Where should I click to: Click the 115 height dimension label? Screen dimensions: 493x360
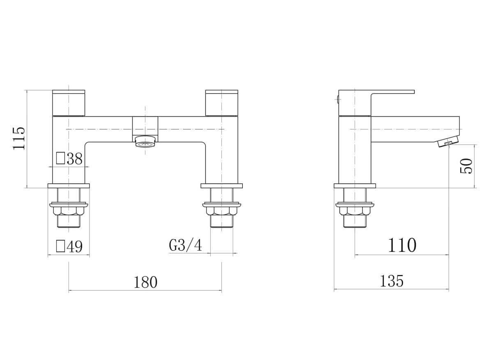coord(19,138)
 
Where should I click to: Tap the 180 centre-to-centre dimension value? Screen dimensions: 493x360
coord(145,282)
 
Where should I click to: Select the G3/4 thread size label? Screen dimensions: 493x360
coord(185,245)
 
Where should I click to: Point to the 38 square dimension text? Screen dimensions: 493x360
coord(75,159)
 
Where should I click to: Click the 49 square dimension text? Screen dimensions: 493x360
coord(75,247)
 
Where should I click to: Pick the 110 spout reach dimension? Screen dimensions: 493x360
coord(402,245)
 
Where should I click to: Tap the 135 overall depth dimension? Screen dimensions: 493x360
coord(392,281)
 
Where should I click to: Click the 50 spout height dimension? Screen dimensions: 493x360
coord(466,166)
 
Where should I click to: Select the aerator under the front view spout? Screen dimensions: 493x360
coord(145,141)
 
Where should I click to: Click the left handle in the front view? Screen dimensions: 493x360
coord(69,103)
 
